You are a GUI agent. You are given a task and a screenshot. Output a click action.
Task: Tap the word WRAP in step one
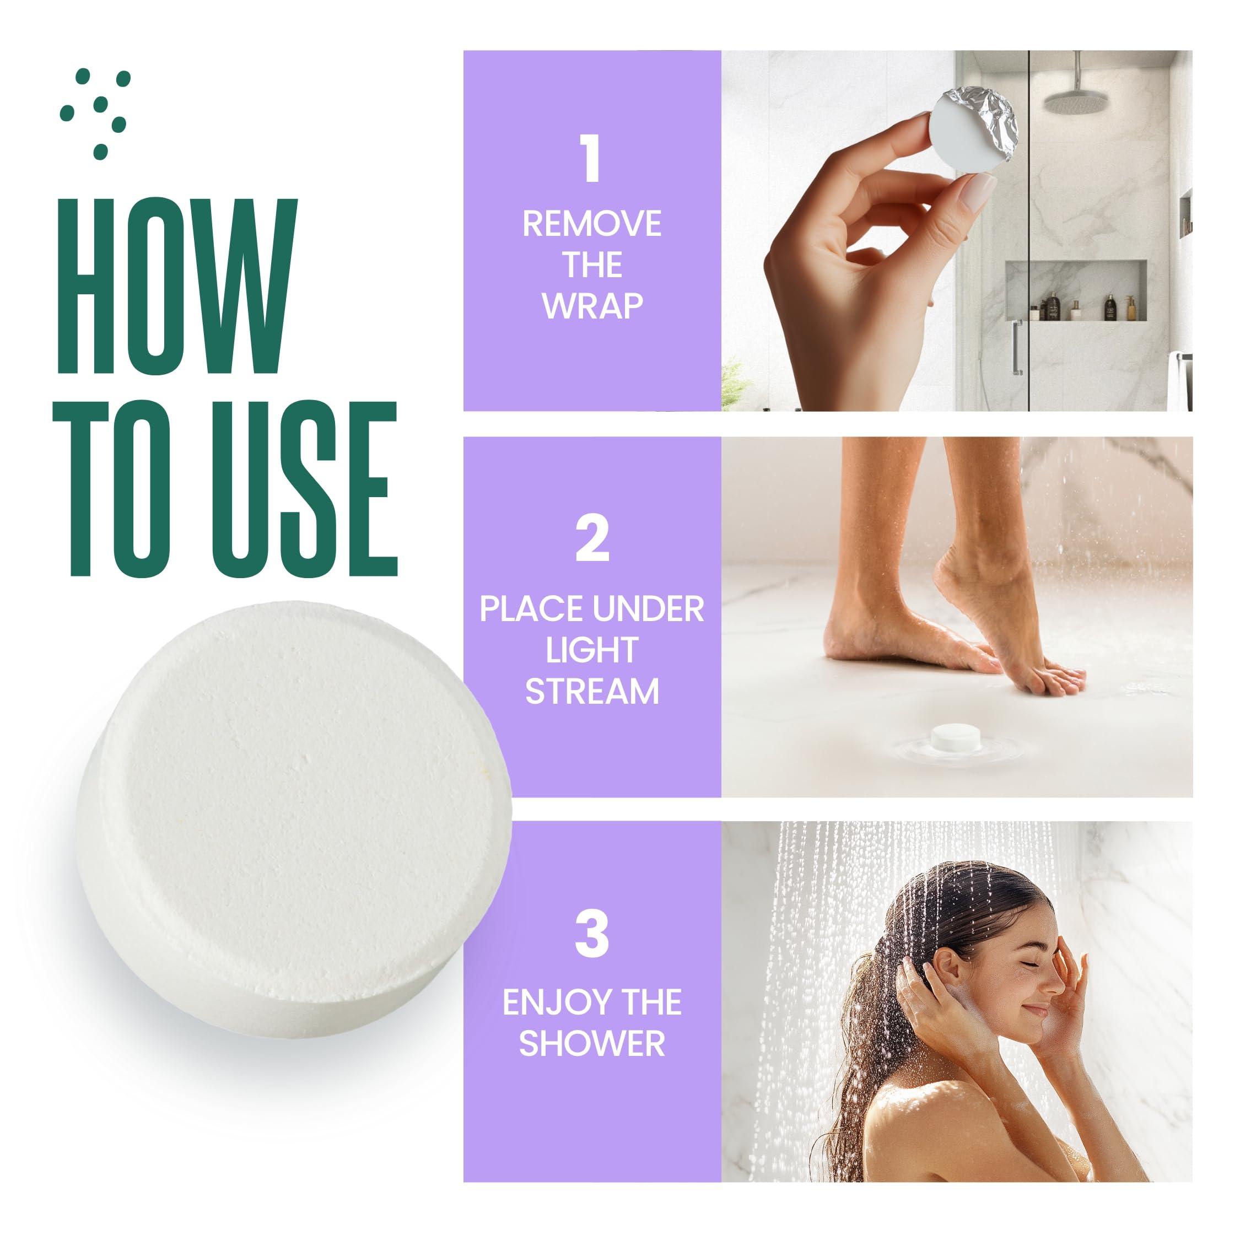pos(591,306)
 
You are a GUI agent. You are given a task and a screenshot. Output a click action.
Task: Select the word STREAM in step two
pos(591,692)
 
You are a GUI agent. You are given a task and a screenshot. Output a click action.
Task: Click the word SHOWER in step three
pos(591,1043)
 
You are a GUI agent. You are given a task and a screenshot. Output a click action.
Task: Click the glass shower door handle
pos(1017,347)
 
